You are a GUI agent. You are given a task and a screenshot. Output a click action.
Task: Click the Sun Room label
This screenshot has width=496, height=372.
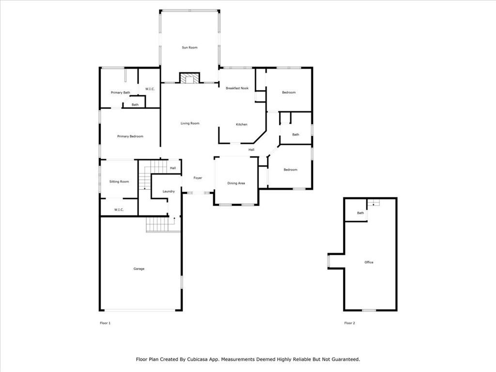coord(189,47)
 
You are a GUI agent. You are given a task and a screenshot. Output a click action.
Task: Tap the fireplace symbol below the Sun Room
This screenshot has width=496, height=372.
coord(189,78)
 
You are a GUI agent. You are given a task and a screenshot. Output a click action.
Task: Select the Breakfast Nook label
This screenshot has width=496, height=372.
coord(237,88)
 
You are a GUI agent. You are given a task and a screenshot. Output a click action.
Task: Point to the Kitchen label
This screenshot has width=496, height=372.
coord(241,124)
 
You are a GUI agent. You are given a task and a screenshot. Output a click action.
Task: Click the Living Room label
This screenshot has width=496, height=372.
coord(190,124)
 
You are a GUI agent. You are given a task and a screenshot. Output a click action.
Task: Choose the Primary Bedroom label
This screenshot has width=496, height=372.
coord(130,137)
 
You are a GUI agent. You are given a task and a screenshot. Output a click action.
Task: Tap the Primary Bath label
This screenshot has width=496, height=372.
coord(120,93)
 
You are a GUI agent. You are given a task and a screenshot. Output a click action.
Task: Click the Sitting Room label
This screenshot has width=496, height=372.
coord(119,182)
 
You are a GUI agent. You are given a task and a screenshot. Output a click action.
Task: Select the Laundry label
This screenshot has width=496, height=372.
coord(169,191)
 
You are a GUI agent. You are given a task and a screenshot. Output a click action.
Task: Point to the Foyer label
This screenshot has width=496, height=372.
coord(198,178)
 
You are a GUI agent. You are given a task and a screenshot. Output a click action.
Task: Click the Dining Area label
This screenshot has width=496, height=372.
coord(236,183)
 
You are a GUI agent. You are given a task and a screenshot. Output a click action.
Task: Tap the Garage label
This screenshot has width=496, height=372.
coord(139,269)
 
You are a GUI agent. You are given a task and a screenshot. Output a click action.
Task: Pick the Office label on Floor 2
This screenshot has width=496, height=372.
coord(369,263)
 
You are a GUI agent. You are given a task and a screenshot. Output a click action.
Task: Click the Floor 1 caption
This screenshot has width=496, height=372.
coord(105,323)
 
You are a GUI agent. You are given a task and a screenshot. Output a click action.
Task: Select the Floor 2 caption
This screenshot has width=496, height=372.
coord(350,323)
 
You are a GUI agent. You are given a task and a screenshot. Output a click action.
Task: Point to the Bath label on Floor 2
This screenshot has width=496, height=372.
coord(360,213)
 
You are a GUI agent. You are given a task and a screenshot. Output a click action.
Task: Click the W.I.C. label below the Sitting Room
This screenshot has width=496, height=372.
coord(119,210)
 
